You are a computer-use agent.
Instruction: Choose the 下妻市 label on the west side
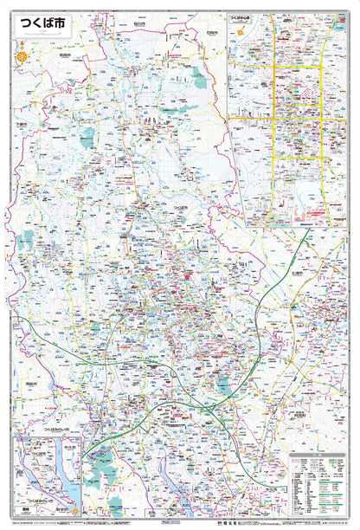[x=22, y=125]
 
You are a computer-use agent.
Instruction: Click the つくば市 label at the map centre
[x=181, y=209]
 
